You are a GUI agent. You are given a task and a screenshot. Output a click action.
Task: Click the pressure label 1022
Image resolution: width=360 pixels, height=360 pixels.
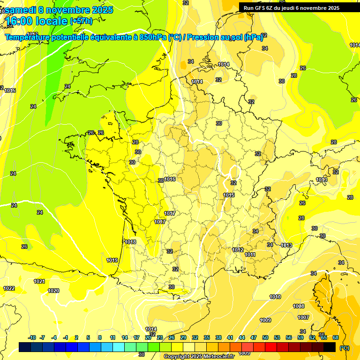point(9,288)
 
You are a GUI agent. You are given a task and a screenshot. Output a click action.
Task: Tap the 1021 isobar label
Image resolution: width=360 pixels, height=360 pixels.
point(39,281)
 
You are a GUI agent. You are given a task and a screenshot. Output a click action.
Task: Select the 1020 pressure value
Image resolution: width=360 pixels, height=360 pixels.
point(54,291)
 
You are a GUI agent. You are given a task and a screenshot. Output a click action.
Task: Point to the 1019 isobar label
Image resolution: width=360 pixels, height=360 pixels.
point(112,260)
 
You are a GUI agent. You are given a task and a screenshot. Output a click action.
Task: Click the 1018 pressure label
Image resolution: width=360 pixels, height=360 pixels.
point(130,242)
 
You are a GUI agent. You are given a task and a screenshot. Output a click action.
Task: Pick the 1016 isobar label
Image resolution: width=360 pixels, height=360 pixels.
point(170,179)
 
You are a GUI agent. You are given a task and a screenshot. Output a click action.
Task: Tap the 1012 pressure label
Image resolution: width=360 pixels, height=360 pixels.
point(238,250)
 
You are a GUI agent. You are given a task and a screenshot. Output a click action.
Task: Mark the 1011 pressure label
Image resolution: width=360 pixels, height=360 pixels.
point(250,255)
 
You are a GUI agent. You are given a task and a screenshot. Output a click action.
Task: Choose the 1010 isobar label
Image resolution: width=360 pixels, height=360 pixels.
point(275,297)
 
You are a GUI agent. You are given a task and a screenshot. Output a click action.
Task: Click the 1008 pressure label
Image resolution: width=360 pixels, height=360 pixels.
point(299,306)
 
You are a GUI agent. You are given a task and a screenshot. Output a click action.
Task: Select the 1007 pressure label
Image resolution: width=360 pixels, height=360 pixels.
point(303,317)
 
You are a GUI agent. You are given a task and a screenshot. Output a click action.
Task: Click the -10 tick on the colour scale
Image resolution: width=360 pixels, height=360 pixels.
point(32,337)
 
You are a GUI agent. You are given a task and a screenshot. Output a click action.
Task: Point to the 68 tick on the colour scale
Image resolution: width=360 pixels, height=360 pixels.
point(336,337)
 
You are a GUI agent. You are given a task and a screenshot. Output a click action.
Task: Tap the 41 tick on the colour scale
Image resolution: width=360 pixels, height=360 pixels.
point(230,337)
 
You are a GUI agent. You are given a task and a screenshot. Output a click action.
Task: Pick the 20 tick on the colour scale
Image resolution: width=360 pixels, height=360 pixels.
point(148,337)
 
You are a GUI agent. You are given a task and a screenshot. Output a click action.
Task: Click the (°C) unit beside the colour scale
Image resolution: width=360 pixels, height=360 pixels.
point(345,348)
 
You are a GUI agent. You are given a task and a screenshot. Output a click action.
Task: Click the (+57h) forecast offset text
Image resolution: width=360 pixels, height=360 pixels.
point(81,21)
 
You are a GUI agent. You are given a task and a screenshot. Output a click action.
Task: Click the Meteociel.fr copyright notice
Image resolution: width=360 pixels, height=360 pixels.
point(199,356)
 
